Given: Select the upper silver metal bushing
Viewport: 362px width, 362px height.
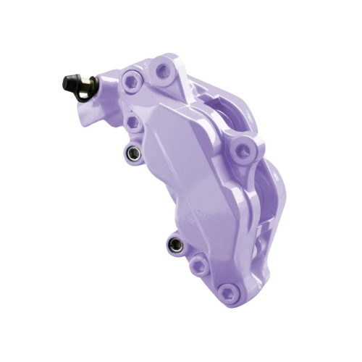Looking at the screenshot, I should point(131,153).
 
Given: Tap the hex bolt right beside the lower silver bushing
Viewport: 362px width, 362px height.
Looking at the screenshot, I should point(198,266).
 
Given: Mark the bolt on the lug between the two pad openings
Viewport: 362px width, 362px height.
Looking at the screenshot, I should point(241,151).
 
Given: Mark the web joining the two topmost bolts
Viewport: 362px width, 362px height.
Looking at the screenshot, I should point(148,75).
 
